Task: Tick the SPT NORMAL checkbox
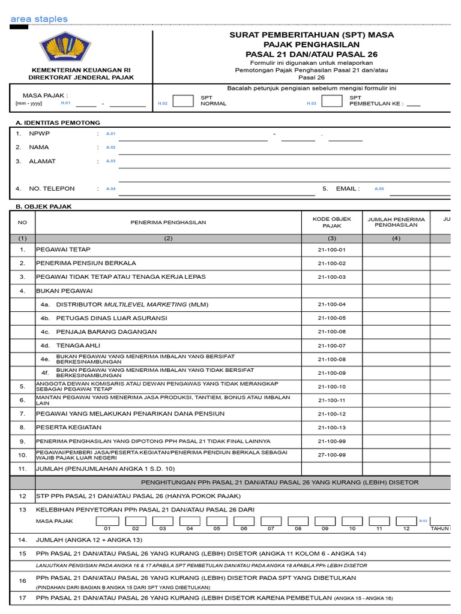coord(182,100)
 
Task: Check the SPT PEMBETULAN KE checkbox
coord(332,100)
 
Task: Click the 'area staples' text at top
coord(39,19)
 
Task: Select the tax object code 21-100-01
coord(332,249)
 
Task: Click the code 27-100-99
coord(332,455)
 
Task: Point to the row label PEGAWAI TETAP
coord(63,249)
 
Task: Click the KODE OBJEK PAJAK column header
coord(332,222)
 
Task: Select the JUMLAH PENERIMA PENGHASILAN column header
coord(396,222)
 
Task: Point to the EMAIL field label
coord(348,188)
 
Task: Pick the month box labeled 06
coord(244,520)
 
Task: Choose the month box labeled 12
coord(406,520)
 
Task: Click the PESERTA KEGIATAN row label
coord(68,428)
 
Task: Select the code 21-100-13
coord(332,428)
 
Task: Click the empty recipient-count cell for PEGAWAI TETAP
coord(396,249)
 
